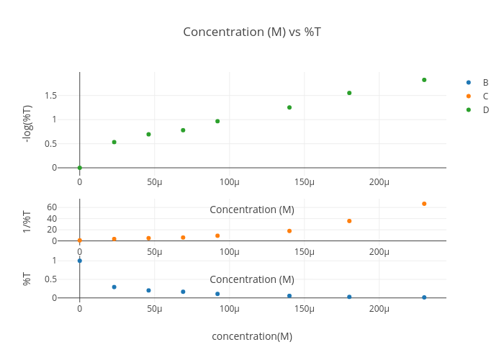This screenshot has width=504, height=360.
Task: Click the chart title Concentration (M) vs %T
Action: (251, 32)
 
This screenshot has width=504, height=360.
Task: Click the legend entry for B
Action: (485, 82)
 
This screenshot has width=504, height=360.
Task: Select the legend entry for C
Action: (485, 96)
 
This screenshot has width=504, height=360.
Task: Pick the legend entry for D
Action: (485, 109)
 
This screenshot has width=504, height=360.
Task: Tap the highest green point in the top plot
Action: (424, 80)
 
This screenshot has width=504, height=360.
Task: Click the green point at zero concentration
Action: (79, 168)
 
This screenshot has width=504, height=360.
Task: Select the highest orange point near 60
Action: (424, 204)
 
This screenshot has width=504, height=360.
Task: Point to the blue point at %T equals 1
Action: (79, 261)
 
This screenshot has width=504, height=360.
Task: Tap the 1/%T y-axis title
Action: (27, 221)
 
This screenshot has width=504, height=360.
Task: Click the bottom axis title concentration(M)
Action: (251, 336)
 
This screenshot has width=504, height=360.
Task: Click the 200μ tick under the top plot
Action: (379, 181)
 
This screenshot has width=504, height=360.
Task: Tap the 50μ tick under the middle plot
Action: (154, 251)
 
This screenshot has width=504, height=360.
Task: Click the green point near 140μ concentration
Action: (289, 107)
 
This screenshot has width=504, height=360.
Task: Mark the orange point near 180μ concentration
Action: (349, 221)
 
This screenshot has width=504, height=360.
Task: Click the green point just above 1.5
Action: (349, 93)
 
